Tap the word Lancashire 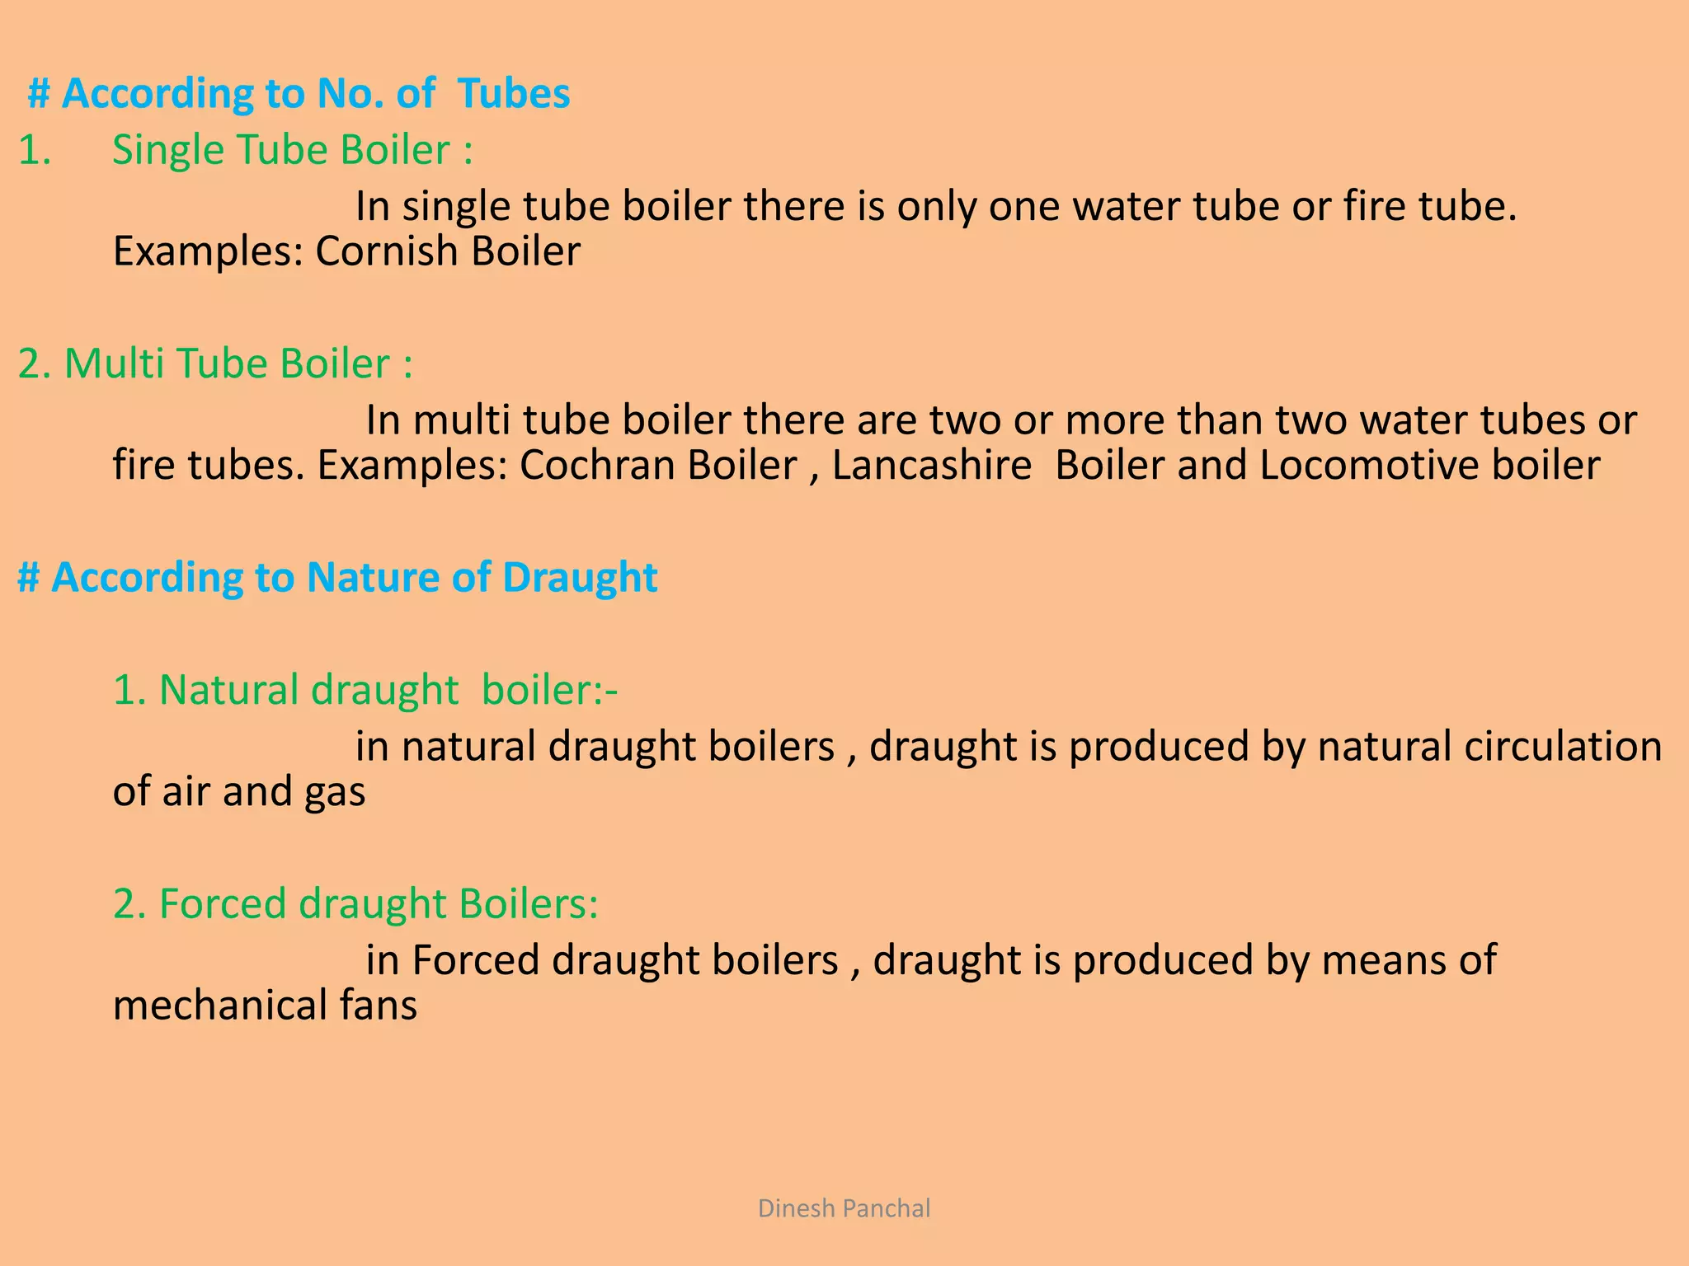click(931, 465)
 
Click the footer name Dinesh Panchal click(844, 1208)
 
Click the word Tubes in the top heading click(514, 93)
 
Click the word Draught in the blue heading click(580, 577)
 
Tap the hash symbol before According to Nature click(29, 577)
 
